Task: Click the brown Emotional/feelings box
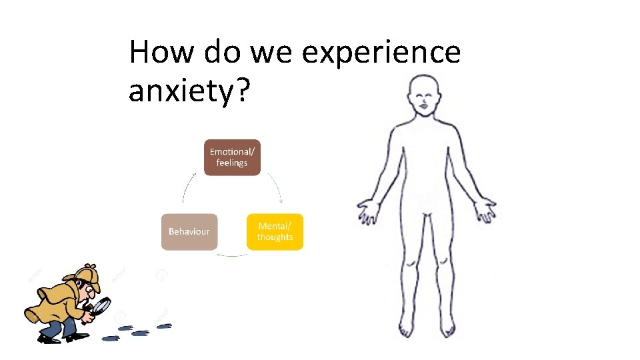pos(231,157)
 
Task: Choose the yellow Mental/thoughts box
pos(275,231)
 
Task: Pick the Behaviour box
pos(189,231)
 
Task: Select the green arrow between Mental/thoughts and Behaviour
pos(232,255)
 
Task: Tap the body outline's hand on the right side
pos(483,209)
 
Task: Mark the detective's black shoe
pos(49,338)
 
